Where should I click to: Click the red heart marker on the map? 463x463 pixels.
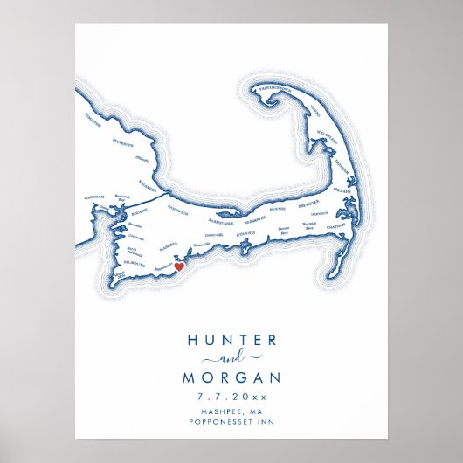click(x=178, y=266)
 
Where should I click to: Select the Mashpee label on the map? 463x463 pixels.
click(x=169, y=245)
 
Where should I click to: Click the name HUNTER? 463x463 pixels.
click(x=231, y=340)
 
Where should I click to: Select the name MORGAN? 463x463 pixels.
click(x=231, y=378)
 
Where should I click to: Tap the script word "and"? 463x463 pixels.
click(x=231, y=359)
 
